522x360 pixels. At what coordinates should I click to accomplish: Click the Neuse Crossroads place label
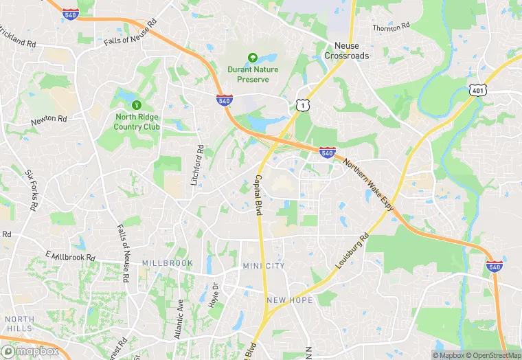tap(346, 50)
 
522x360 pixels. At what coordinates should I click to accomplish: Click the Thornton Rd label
tap(390, 27)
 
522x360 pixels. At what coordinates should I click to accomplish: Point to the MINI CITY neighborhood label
tap(263, 266)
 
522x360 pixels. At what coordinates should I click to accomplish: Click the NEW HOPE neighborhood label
tap(290, 300)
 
